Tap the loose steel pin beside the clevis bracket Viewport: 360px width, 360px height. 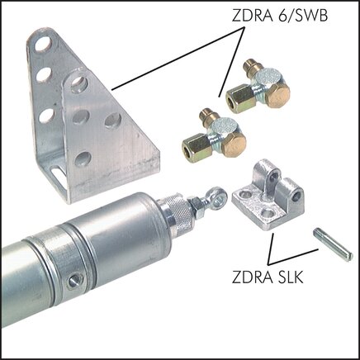333,246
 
